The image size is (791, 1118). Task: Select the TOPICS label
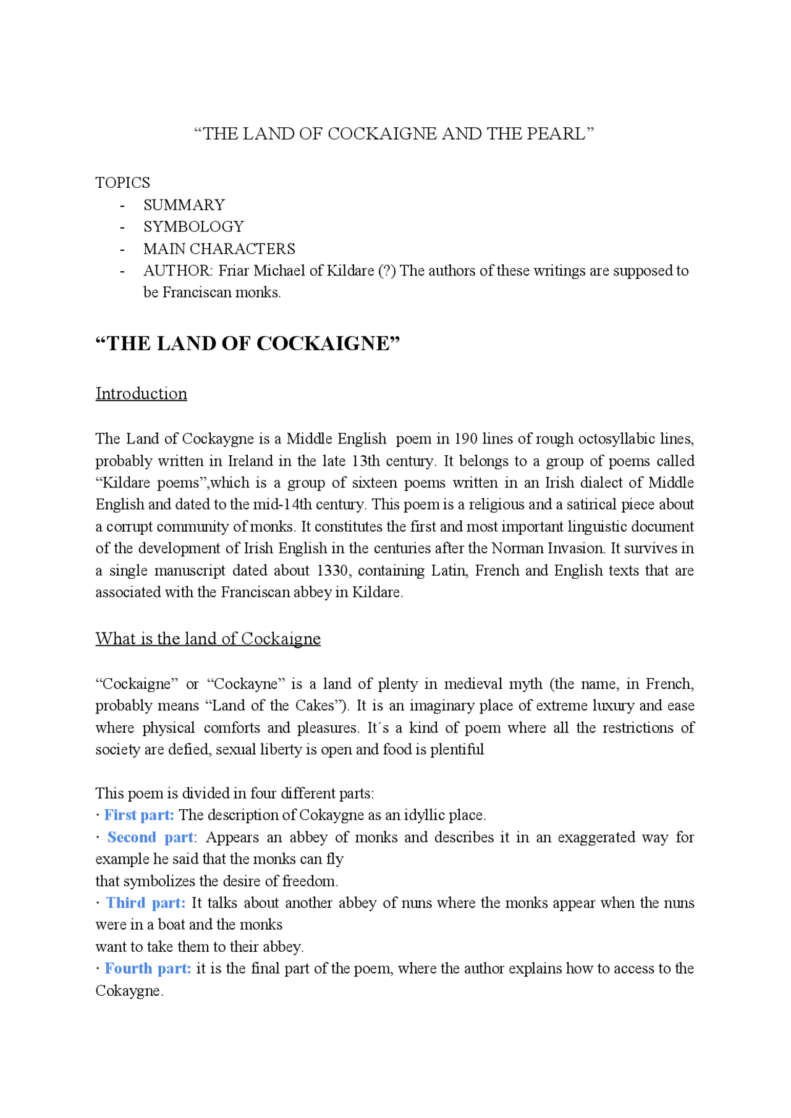click(122, 183)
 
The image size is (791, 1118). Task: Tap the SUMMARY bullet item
click(184, 205)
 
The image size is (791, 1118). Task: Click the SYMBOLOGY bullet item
click(193, 227)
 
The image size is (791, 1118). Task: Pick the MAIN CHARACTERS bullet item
click(219, 249)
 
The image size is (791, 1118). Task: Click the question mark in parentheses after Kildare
click(387, 271)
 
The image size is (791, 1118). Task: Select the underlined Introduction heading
click(141, 394)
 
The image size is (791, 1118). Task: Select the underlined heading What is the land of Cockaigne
click(208, 639)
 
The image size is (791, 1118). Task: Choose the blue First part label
click(139, 815)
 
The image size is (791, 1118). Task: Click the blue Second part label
click(150, 838)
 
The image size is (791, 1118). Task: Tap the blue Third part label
click(146, 903)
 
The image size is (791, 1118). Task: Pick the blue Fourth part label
click(148, 969)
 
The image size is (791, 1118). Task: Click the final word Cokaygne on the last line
click(128, 991)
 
